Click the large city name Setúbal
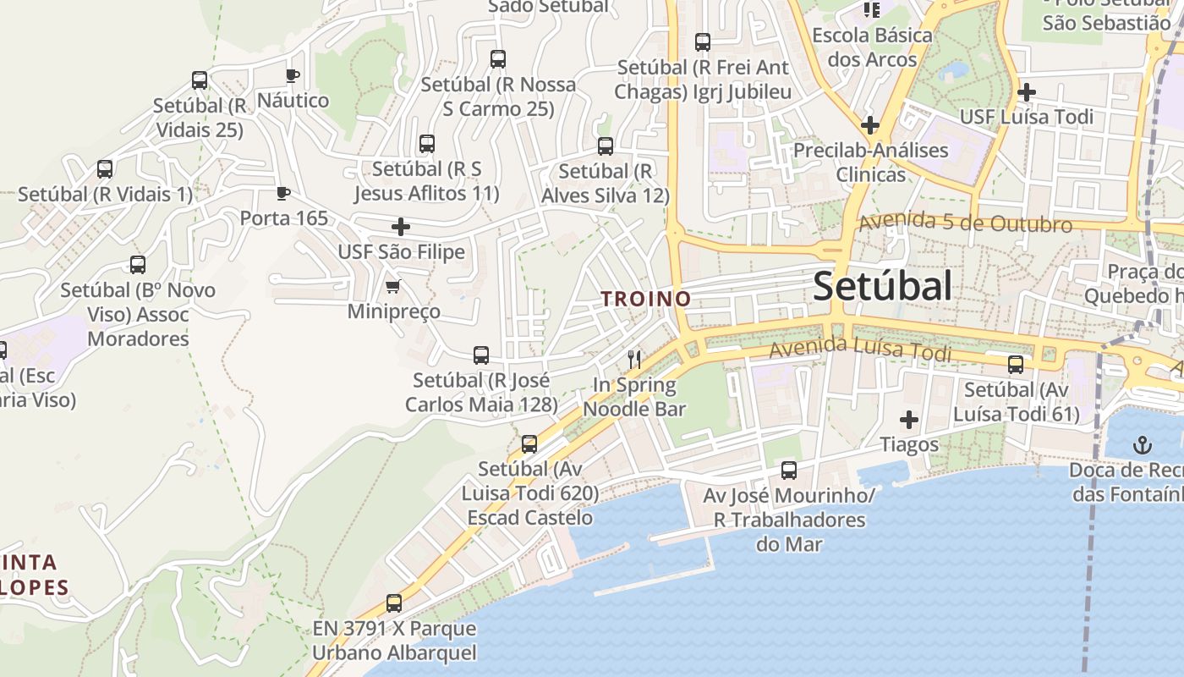coord(882,287)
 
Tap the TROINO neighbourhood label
coord(646,299)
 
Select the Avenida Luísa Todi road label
coord(860,349)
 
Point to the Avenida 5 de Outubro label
coord(965,223)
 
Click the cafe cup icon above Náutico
coord(293,75)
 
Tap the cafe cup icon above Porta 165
coord(283,193)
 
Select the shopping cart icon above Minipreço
coord(392,287)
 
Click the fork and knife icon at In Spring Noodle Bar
coord(634,360)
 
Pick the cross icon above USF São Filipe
coord(401,227)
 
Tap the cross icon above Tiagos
coord(909,420)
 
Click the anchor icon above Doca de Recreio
coord(1143,444)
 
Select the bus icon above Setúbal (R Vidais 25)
coord(200,80)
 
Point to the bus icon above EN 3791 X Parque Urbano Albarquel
coord(394,603)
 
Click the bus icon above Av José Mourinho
coord(789,471)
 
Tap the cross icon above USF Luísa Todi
coord(1027,91)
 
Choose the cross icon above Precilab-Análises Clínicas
coord(870,125)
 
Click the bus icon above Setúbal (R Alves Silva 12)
coord(606,146)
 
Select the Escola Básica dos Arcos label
coord(872,47)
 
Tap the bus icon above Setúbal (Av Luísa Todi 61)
coord(1016,365)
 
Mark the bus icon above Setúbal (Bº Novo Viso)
coord(138,265)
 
